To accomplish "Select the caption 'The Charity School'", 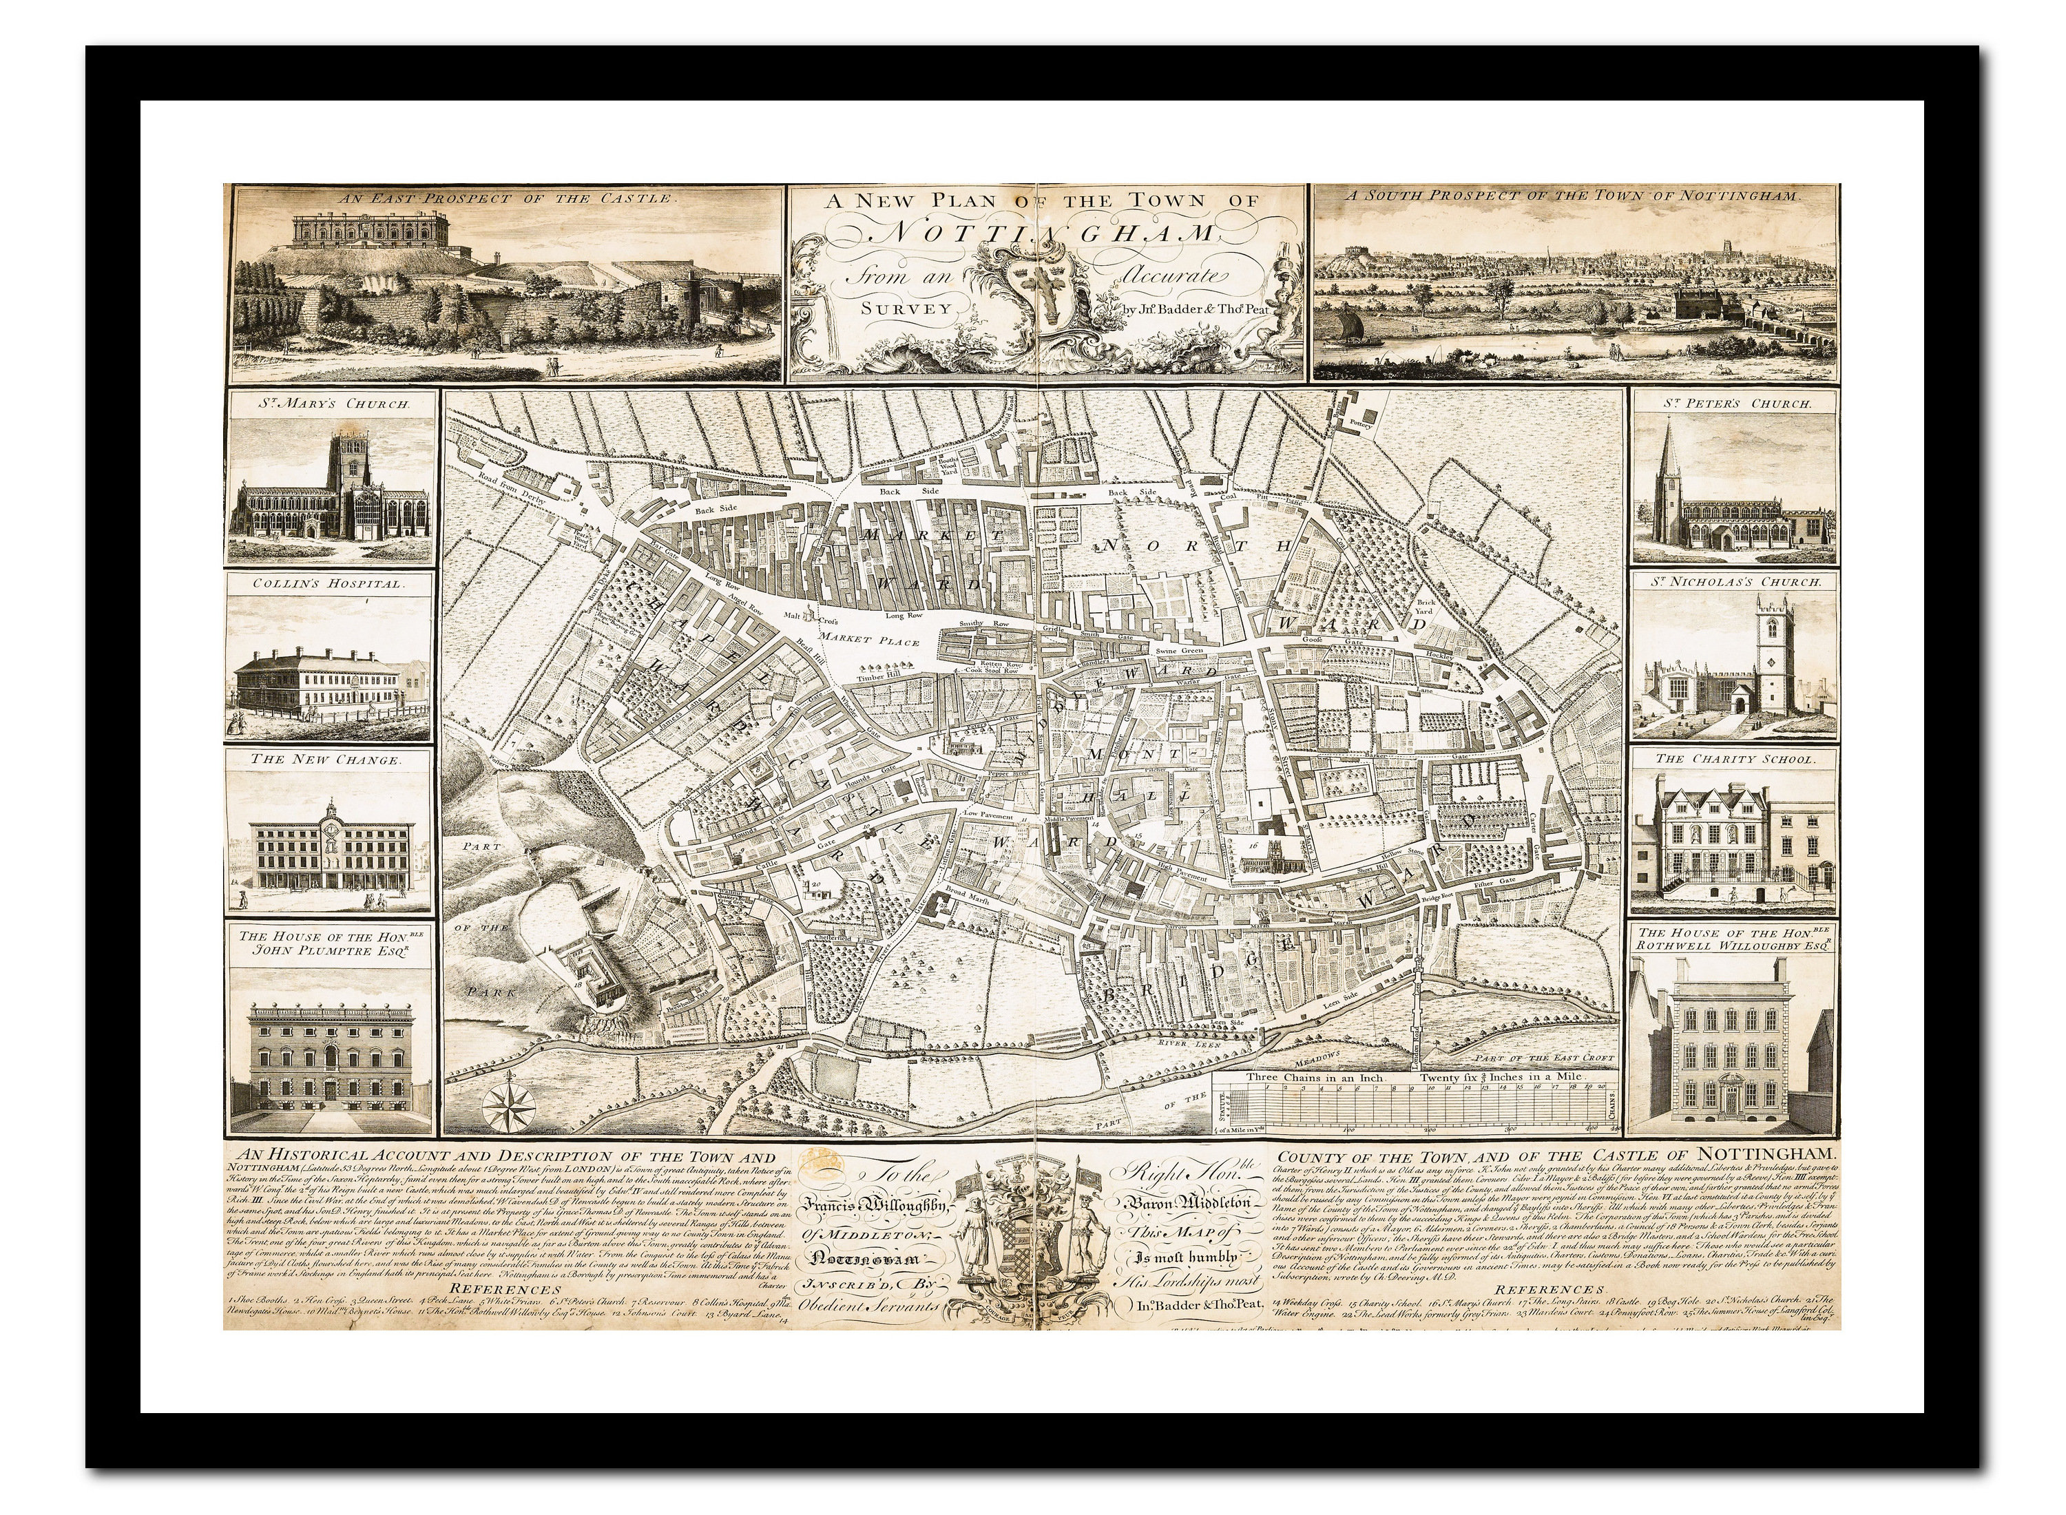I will [x=1734, y=758].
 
